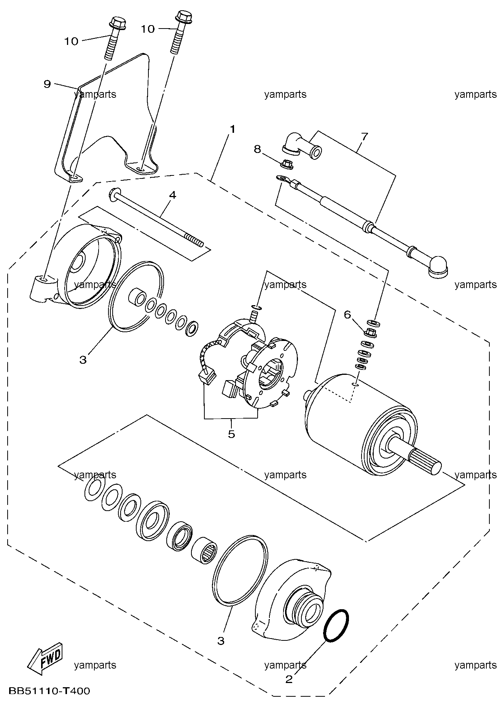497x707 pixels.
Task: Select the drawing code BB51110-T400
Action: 48,691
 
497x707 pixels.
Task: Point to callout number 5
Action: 232,434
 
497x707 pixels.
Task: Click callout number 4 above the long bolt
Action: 173,195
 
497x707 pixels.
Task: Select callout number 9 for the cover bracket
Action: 47,84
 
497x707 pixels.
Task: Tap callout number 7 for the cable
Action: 364,136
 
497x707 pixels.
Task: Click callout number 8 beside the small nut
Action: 258,149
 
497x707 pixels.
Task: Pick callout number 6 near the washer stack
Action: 347,314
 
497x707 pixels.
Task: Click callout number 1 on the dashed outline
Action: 231,129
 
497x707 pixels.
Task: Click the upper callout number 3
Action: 83,360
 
